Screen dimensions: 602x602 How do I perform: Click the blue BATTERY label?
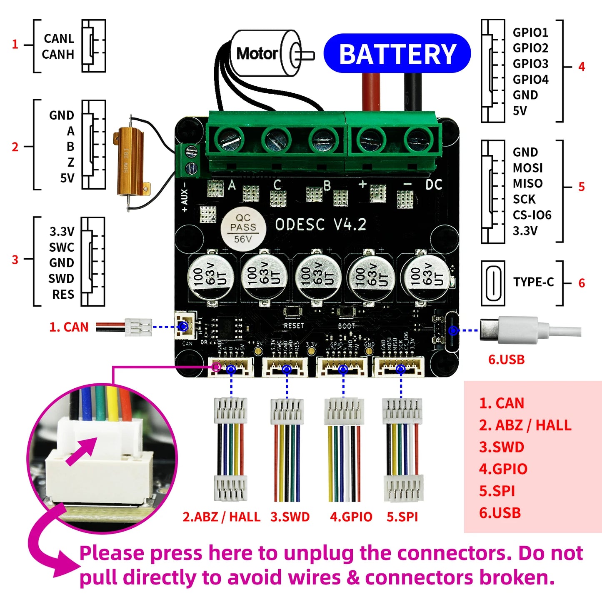click(x=397, y=54)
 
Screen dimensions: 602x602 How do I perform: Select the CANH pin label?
click(x=58, y=55)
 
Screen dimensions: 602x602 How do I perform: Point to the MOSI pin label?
click(x=527, y=168)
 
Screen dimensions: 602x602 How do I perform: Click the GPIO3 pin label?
click(x=530, y=64)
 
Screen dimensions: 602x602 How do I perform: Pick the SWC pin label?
click(x=61, y=247)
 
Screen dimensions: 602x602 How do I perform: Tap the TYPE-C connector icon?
click(x=493, y=283)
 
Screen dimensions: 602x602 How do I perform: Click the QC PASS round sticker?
click(x=243, y=228)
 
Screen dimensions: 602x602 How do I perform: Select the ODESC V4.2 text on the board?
click(x=321, y=225)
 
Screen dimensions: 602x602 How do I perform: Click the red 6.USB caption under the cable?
click(x=506, y=360)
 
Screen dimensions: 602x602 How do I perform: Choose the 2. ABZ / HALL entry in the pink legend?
click(x=525, y=425)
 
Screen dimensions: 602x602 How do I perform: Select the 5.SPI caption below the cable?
click(x=402, y=517)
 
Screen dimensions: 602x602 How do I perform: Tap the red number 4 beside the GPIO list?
click(x=582, y=67)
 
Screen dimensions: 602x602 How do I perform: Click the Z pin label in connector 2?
click(x=71, y=162)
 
